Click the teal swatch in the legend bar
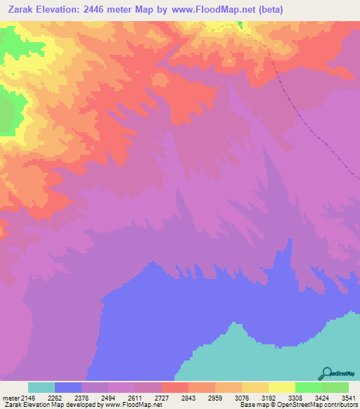(41, 387)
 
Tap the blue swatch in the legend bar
(68, 387)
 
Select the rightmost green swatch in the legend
(335, 387)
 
